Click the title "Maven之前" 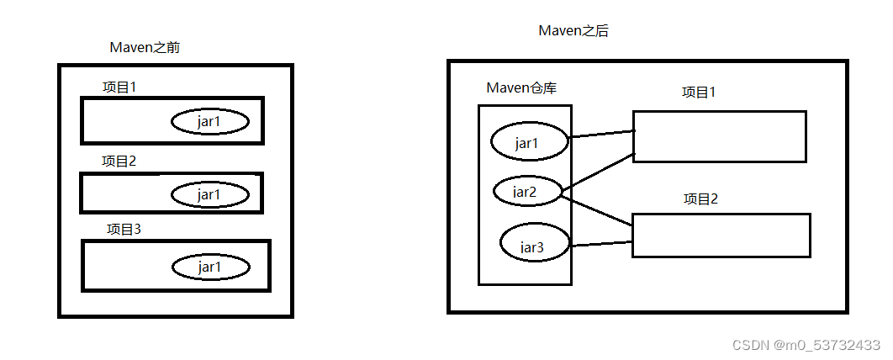[x=145, y=48]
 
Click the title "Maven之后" [x=573, y=31]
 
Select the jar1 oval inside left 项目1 [x=210, y=122]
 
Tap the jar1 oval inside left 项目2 [x=210, y=195]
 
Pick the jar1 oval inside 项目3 [x=211, y=267]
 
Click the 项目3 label [x=124, y=230]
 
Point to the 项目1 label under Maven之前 [x=119, y=87]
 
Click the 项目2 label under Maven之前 [x=119, y=161]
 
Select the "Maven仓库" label [x=521, y=87]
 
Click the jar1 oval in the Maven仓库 [x=529, y=143]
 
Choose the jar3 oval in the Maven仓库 [x=535, y=242]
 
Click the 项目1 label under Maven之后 [x=699, y=93]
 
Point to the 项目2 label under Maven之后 [x=701, y=199]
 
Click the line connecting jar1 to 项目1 [x=601, y=134]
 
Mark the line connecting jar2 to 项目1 [x=598, y=173]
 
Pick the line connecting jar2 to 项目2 [x=596, y=209]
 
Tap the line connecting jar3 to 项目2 [x=601, y=244]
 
